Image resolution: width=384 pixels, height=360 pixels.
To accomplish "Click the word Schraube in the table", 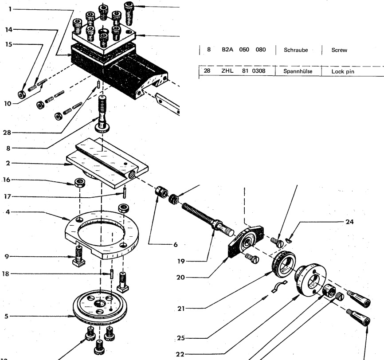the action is (296, 50).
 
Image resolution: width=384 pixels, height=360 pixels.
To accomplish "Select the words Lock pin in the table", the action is (343, 71).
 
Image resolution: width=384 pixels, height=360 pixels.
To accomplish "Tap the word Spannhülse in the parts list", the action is (298, 71).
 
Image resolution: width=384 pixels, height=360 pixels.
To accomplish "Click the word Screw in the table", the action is (339, 50).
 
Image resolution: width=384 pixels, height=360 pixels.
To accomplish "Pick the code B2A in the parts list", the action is (227, 50).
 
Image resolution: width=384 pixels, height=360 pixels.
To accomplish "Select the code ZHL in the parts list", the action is (227, 71).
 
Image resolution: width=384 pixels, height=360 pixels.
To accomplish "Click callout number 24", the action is (349, 222).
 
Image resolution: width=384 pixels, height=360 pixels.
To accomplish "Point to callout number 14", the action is (8, 30).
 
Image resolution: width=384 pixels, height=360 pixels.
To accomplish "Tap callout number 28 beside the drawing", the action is (7, 133).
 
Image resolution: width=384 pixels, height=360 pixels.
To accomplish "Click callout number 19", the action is (181, 261).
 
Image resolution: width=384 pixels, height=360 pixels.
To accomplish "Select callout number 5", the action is (6, 316).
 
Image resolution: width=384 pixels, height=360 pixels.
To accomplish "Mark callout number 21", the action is (181, 309).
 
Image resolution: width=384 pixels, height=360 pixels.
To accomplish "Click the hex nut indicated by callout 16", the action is (79, 183).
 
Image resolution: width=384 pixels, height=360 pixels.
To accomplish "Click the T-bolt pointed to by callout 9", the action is (78, 256).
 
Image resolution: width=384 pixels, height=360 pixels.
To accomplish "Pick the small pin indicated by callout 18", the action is (112, 274).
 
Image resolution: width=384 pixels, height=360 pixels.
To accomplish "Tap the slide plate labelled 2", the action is (107, 163).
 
